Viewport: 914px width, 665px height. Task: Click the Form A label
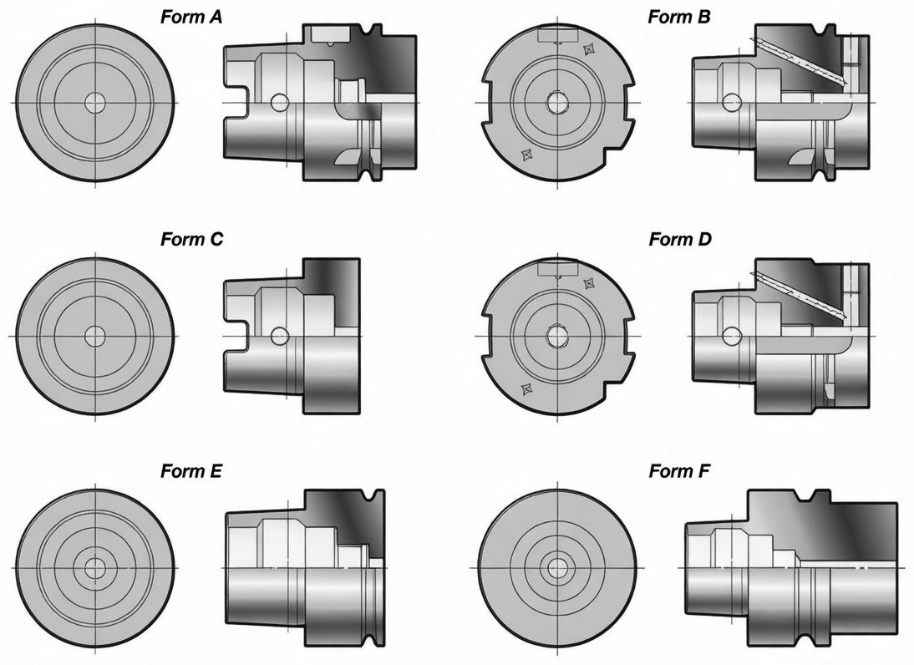pyautogui.click(x=191, y=17)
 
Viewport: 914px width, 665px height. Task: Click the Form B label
pyautogui.click(x=679, y=17)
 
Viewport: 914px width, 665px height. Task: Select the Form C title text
pyautogui.click(x=192, y=239)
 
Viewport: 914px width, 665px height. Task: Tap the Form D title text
pyautogui.click(x=680, y=239)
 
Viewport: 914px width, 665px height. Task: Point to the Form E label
pyautogui.click(x=191, y=470)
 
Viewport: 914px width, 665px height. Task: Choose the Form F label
pyautogui.click(x=680, y=470)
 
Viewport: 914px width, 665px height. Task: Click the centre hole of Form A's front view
pyautogui.click(x=95, y=103)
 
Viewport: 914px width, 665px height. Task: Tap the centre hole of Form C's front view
pyautogui.click(x=95, y=337)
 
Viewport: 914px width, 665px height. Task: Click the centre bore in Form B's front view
pyautogui.click(x=557, y=103)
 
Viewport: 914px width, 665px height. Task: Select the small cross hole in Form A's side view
pyautogui.click(x=281, y=103)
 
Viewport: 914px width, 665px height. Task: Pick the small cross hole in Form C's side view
pyautogui.click(x=281, y=336)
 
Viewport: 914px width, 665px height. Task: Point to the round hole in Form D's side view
pyautogui.click(x=731, y=335)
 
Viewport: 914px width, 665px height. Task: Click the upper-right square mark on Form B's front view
pyautogui.click(x=588, y=51)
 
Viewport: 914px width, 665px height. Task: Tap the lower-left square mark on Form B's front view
pyautogui.click(x=526, y=155)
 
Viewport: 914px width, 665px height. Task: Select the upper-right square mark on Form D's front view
pyautogui.click(x=588, y=284)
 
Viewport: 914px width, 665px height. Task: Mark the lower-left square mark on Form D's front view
pyautogui.click(x=526, y=388)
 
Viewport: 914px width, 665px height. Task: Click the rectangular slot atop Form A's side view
pyautogui.click(x=331, y=33)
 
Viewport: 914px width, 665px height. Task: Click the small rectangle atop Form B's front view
pyautogui.click(x=557, y=36)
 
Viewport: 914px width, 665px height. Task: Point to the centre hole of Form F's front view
pyautogui.click(x=557, y=567)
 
